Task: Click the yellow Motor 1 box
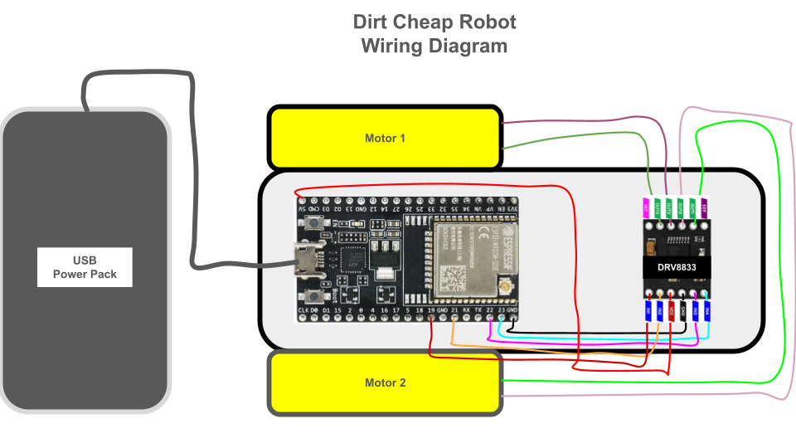(386, 138)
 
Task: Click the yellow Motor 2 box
(386, 382)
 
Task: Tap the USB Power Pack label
(85, 267)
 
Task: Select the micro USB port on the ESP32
(307, 261)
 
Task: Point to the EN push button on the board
(315, 223)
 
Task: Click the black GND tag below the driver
(683, 311)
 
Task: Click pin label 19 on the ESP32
(431, 310)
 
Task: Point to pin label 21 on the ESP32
(454, 310)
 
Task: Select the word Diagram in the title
(468, 46)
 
